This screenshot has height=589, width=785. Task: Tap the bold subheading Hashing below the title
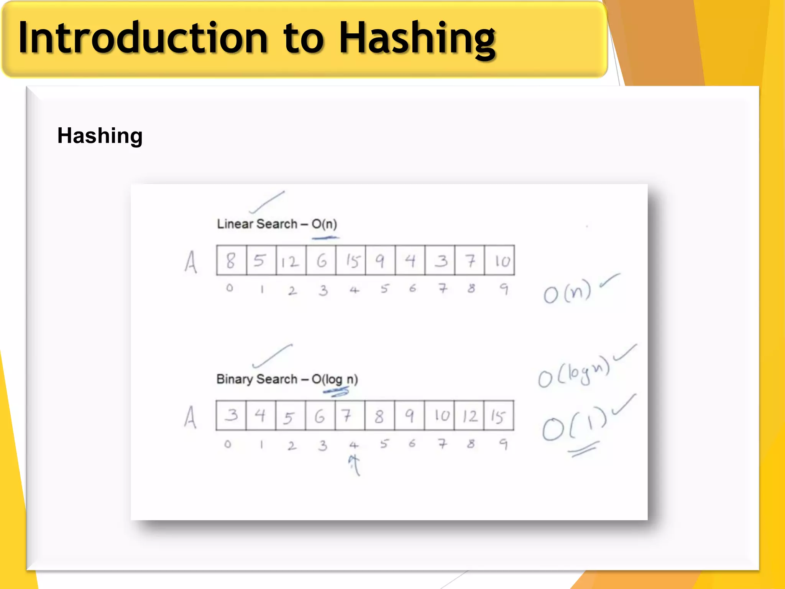coord(100,136)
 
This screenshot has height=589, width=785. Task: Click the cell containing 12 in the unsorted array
coord(291,261)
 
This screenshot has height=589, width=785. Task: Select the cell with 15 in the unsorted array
coord(351,261)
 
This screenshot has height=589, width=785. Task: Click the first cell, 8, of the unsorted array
coord(231,261)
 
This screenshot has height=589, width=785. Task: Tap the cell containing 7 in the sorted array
coord(350,416)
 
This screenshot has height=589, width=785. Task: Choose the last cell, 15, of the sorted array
coord(499,416)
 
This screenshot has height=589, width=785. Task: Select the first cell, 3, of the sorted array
coord(231,416)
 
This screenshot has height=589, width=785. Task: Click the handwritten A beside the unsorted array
coord(191,262)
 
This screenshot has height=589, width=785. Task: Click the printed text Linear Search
coord(257,224)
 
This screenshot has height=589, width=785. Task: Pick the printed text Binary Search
coord(256,379)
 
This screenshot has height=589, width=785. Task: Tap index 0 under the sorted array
coord(228,444)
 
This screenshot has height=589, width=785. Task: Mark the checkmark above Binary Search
coord(272,356)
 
